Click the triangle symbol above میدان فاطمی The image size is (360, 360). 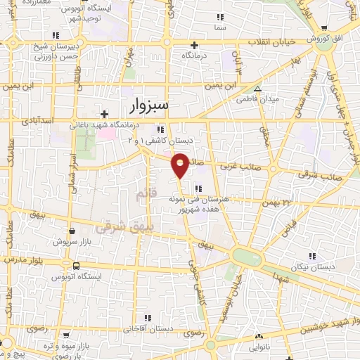click(x=258, y=89)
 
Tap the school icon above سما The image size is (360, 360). click(x=221, y=16)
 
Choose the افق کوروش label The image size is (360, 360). click(x=328, y=39)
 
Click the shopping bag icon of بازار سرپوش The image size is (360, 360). click(x=72, y=229)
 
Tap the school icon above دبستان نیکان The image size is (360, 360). click(x=312, y=256)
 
